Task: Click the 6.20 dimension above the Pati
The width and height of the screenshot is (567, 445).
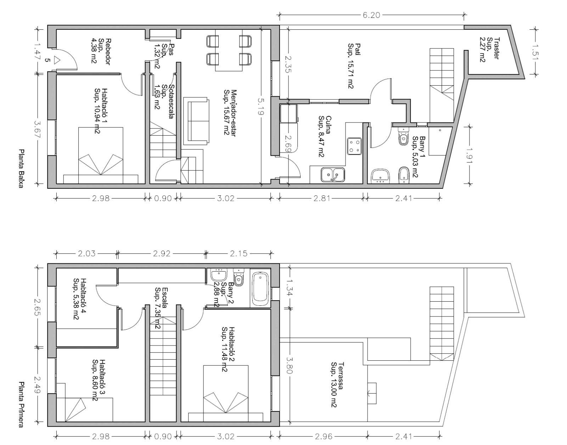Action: (x=371, y=15)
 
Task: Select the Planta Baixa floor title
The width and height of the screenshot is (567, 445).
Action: (x=21, y=168)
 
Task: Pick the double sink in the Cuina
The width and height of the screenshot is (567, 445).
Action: (x=333, y=175)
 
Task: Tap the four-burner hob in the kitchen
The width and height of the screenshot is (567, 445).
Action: (x=354, y=146)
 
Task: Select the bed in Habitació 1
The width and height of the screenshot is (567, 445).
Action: (x=101, y=155)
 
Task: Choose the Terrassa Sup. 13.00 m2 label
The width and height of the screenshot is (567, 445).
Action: (x=337, y=384)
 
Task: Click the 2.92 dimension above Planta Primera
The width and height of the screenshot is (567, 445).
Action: (x=162, y=253)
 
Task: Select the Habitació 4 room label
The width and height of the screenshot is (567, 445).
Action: (x=80, y=299)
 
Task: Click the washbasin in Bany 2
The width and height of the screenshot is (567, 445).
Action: (x=219, y=275)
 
